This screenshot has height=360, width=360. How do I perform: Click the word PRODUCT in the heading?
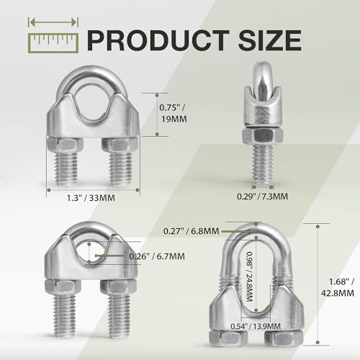158,40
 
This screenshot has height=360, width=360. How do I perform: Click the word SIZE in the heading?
270,40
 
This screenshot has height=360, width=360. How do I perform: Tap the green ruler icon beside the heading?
53,43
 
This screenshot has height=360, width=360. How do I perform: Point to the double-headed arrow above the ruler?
53,22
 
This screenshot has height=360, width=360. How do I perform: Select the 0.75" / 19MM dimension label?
173,113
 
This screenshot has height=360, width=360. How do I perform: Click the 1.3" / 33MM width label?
91,198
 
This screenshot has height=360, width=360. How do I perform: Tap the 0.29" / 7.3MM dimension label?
262,197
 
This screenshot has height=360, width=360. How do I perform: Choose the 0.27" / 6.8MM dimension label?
191,231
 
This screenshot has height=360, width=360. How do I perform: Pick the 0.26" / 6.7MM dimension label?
157,256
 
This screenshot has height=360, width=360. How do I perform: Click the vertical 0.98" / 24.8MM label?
249,276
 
